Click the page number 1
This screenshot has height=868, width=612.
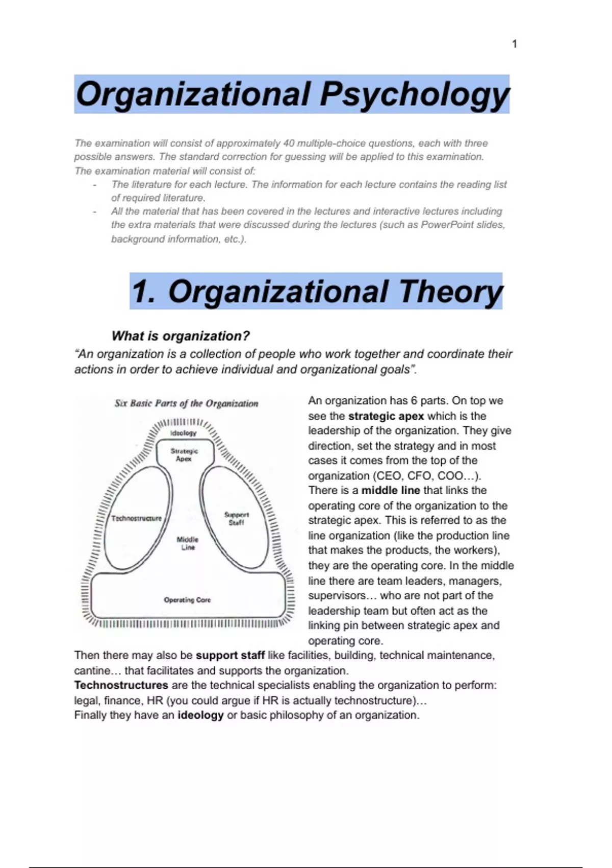[x=514, y=44]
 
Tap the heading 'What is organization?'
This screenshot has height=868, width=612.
[x=181, y=336]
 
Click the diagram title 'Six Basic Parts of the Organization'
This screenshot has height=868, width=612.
[x=186, y=403]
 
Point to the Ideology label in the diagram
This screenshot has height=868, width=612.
[x=183, y=433]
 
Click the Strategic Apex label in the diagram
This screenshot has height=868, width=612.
[x=184, y=454]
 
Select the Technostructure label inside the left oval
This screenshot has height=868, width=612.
[x=136, y=518]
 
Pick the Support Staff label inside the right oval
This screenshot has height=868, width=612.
[x=237, y=518]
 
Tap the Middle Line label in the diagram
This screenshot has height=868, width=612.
[x=188, y=543]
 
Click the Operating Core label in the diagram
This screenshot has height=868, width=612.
[x=187, y=600]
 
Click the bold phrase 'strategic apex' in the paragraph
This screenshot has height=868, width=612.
[x=386, y=416]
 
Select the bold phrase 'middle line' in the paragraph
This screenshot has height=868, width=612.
[x=390, y=491]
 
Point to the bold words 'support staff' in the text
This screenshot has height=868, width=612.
[x=230, y=656]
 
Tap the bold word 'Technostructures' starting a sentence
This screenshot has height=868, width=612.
[x=121, y=685]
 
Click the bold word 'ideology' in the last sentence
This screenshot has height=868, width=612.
[x=200, y=715]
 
